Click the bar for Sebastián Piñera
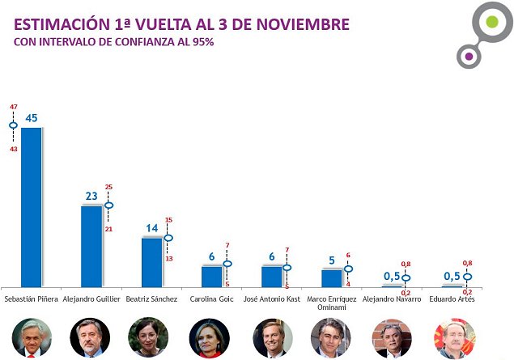[x=31, y=206]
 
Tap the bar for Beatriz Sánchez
[x=151, y=261]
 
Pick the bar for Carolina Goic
[x=211, y=276]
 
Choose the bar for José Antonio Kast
[x=272, y=276]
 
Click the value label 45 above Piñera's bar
[x=32, y=118]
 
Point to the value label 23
[x=91, y=196]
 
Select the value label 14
[x=151, y=228]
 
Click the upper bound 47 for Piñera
[x=13, y=107]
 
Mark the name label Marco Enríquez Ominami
[x=332, y=303]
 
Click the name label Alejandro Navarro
[x=393, y=299]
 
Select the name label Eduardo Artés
[x=452, y=299]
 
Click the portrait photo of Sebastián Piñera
[x=32, y=337]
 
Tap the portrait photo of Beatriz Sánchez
[x=151, y=337]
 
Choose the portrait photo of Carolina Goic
[x=211, y=337]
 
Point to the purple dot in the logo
[x=466, y=55]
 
